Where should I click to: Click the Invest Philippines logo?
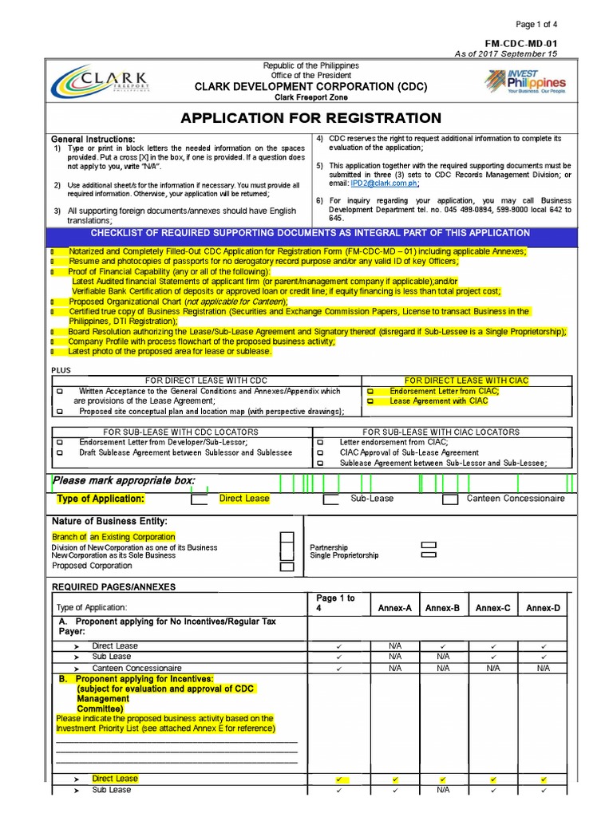click(524, 81)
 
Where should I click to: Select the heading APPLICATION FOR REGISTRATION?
click(310, 118)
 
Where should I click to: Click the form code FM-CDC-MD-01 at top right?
click(521, 43)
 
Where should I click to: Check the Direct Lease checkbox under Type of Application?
click(199, 500)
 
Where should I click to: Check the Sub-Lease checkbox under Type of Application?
click(330, 500)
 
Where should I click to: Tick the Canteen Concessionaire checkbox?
click(450, 500)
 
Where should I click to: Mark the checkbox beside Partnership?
click(429, 545)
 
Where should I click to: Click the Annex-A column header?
click(394, 608)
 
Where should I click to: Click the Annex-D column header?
click(543, 608)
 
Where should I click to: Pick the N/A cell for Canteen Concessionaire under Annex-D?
click(543, 668)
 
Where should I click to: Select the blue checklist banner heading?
click(310, 233)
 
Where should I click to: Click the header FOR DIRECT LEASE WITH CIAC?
click(466, 381)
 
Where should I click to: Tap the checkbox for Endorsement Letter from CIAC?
click(370, 392)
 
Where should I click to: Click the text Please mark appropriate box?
click(124, 481)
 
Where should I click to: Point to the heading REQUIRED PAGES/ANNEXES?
click(114, 586)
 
